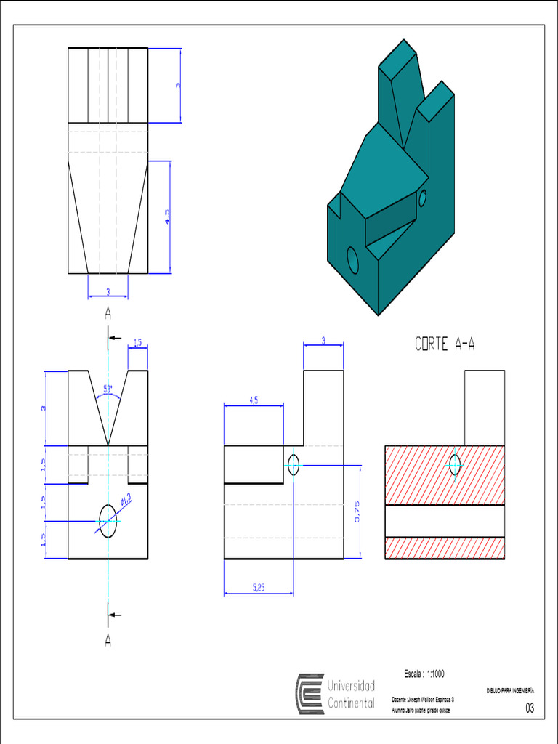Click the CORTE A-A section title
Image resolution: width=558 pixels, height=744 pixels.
[x=445, y=344]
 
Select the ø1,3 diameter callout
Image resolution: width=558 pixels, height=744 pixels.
[x=124, y=501]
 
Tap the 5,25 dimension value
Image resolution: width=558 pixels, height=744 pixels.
[x=258, y=588]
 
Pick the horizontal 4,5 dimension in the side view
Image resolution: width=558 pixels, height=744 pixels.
[x=254, y=400]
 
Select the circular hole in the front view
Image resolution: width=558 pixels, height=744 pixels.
[x=108, y=522]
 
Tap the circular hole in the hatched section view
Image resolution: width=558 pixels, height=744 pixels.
[x=455, y=464]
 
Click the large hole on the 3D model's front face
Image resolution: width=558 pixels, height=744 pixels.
[x=353, y=260]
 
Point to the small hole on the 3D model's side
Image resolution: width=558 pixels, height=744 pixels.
[x=422, y=197]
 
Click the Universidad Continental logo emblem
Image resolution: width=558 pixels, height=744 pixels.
[x=309, y=694]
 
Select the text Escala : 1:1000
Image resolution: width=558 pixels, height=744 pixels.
[x=424, y=674]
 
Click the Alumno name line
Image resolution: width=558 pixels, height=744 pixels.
[x=421, y=710]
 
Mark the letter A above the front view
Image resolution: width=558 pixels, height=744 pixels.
[x=108, y=313]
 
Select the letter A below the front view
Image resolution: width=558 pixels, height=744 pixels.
[x=108, y=642]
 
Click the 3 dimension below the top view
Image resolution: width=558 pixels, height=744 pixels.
[x=108, y=292]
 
